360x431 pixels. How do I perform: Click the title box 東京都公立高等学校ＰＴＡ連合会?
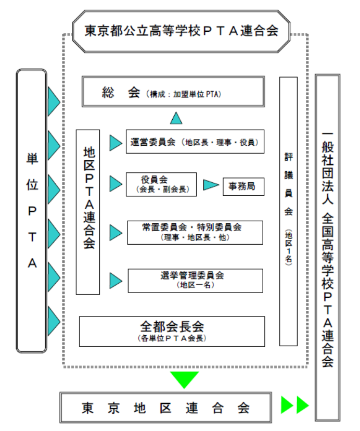[x=182, y=31]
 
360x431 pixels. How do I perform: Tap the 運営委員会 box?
[x=195, y=142]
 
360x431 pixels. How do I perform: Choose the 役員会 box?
[x=161, y=184]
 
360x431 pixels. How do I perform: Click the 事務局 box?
[x=243, y=186]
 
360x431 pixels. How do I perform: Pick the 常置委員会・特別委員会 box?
[x=195, y=232]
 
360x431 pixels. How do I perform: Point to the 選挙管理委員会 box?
[x=195, y=280]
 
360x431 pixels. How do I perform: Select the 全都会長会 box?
[x=172, y=331]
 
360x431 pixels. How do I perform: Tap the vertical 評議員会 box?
[x=288, y=211]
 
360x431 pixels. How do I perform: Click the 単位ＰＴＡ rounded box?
[x=32, y=211]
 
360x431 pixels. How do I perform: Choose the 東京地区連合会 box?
[x=165, y=407]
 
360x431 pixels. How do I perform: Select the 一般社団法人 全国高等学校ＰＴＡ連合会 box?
[x=328, y=247]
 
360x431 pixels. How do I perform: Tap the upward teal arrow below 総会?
[x=176, y=118]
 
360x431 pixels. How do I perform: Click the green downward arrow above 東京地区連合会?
[x=184, y=378]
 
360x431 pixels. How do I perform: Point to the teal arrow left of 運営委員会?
[x=115, y=142]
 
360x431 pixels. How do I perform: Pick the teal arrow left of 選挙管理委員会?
[x=115, y=281]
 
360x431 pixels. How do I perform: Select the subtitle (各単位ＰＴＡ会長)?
[x=172, y=338]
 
